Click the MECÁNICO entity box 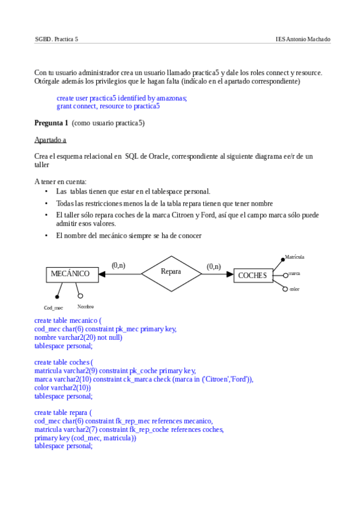coord(70,274)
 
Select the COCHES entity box coord(252,275)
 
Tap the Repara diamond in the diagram coord(171,272)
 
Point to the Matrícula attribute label coord(294,257)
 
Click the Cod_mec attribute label coord(53,308)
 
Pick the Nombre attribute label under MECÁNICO coord(85,307)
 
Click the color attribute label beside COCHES coord(294,289)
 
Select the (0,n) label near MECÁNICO coord(118,265)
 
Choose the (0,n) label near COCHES coord(214,266)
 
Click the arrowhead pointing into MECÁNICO coord(102,274)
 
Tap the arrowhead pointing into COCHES coord(230,274)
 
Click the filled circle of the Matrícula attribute coord(283,260)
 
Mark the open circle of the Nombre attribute coord(81,296)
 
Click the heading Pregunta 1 coord(51,123)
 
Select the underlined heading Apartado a coord(50,140)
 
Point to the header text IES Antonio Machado coord(303,39)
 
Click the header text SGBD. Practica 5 coord(56,39)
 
